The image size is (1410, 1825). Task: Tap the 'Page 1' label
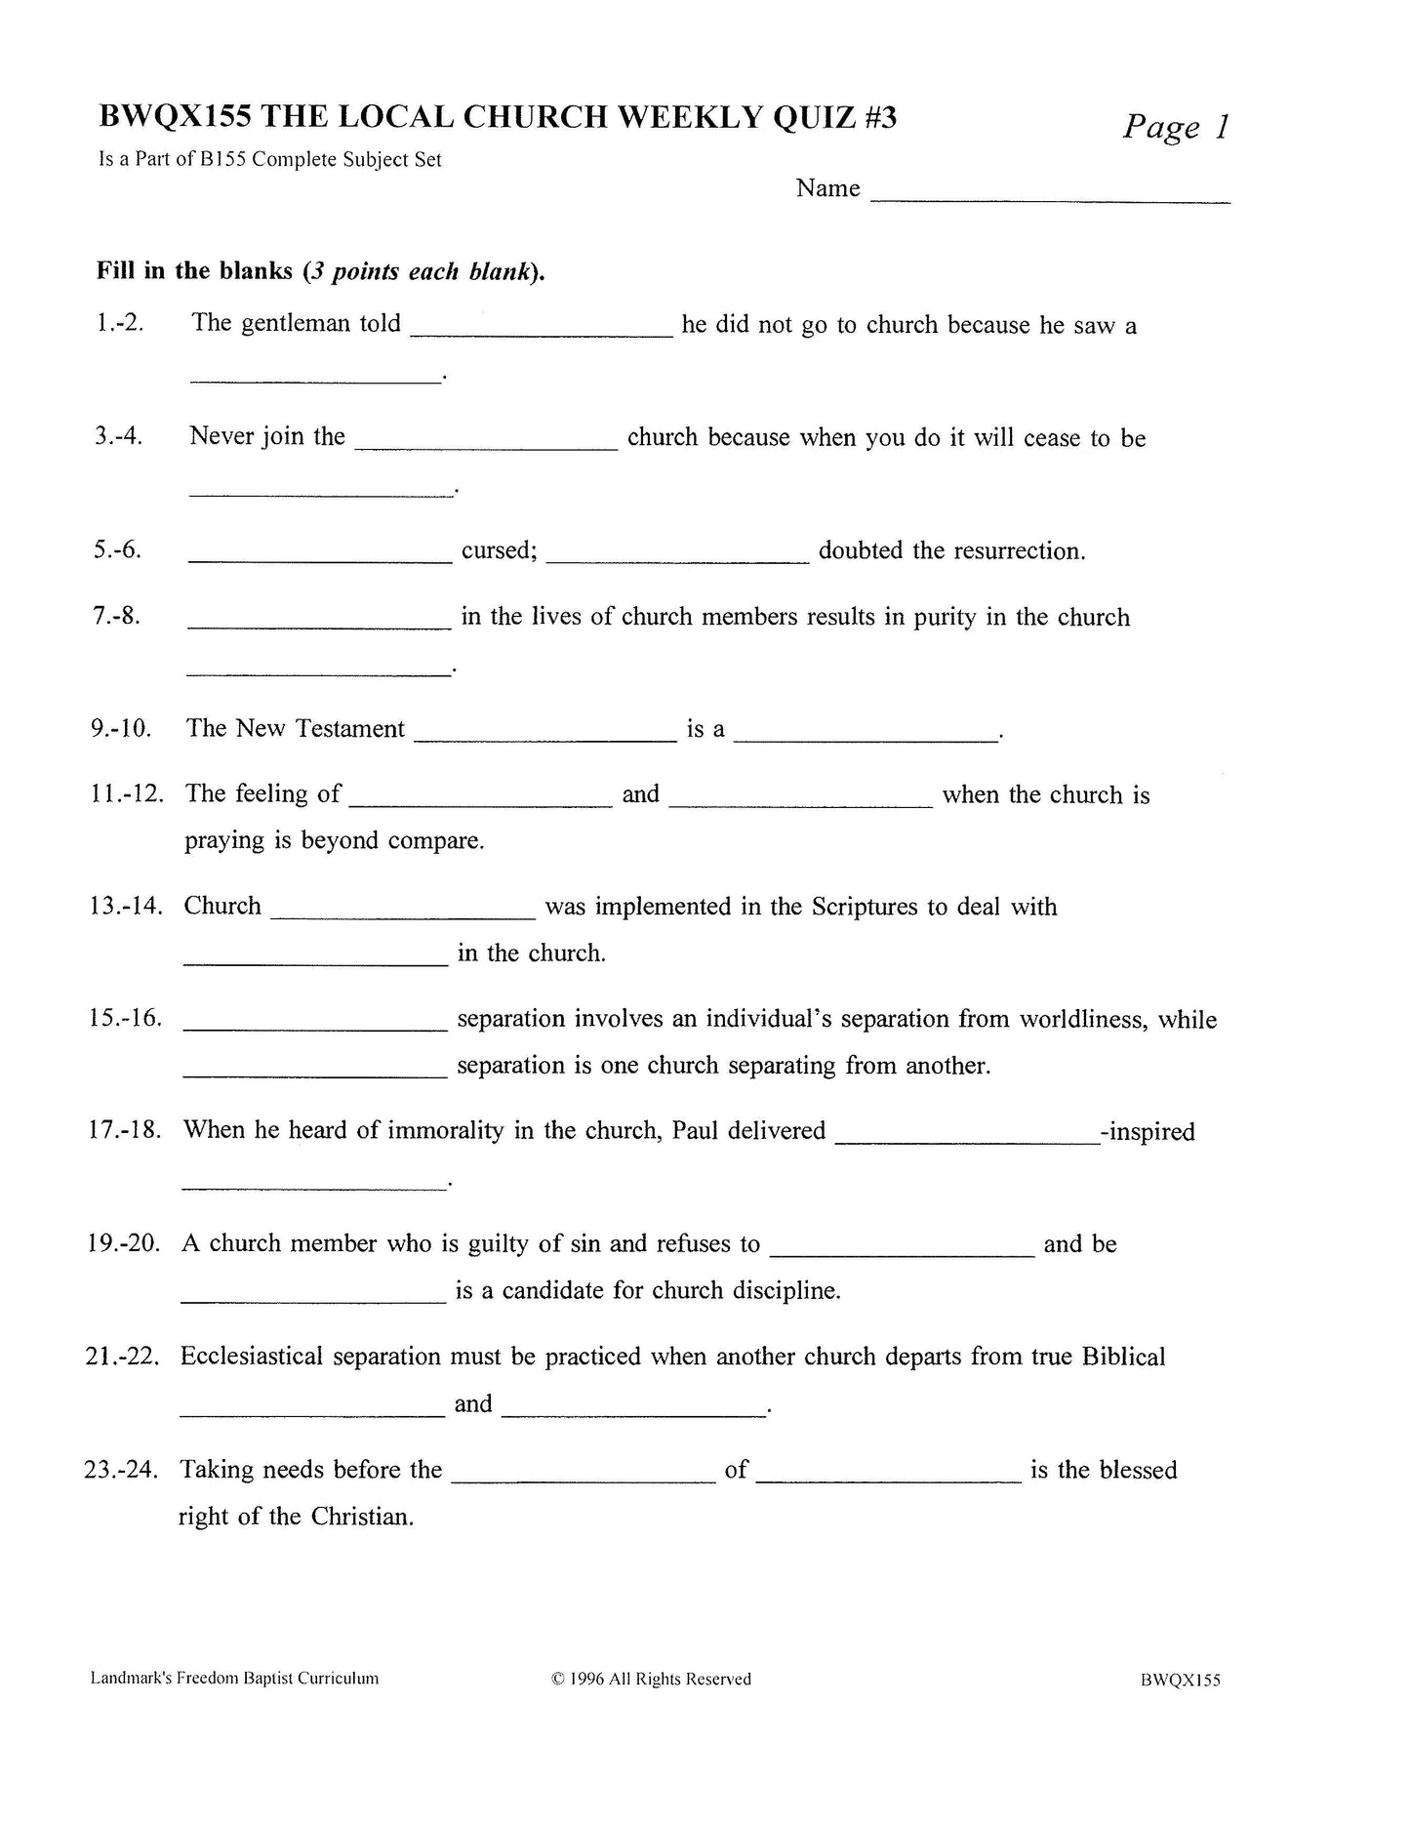[x=1175, y=127]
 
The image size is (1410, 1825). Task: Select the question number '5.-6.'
[x=118, y=550]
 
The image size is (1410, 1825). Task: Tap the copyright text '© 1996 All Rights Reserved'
[x=651, y=1679]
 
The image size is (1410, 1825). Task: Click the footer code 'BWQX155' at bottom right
[x=1179, y=1680]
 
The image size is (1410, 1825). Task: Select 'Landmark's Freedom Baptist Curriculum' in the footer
[x=234, y=1679]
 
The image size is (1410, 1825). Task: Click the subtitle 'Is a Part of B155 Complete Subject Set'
[x=269, y=160]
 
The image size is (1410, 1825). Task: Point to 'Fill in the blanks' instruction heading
[x=194, y=271]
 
